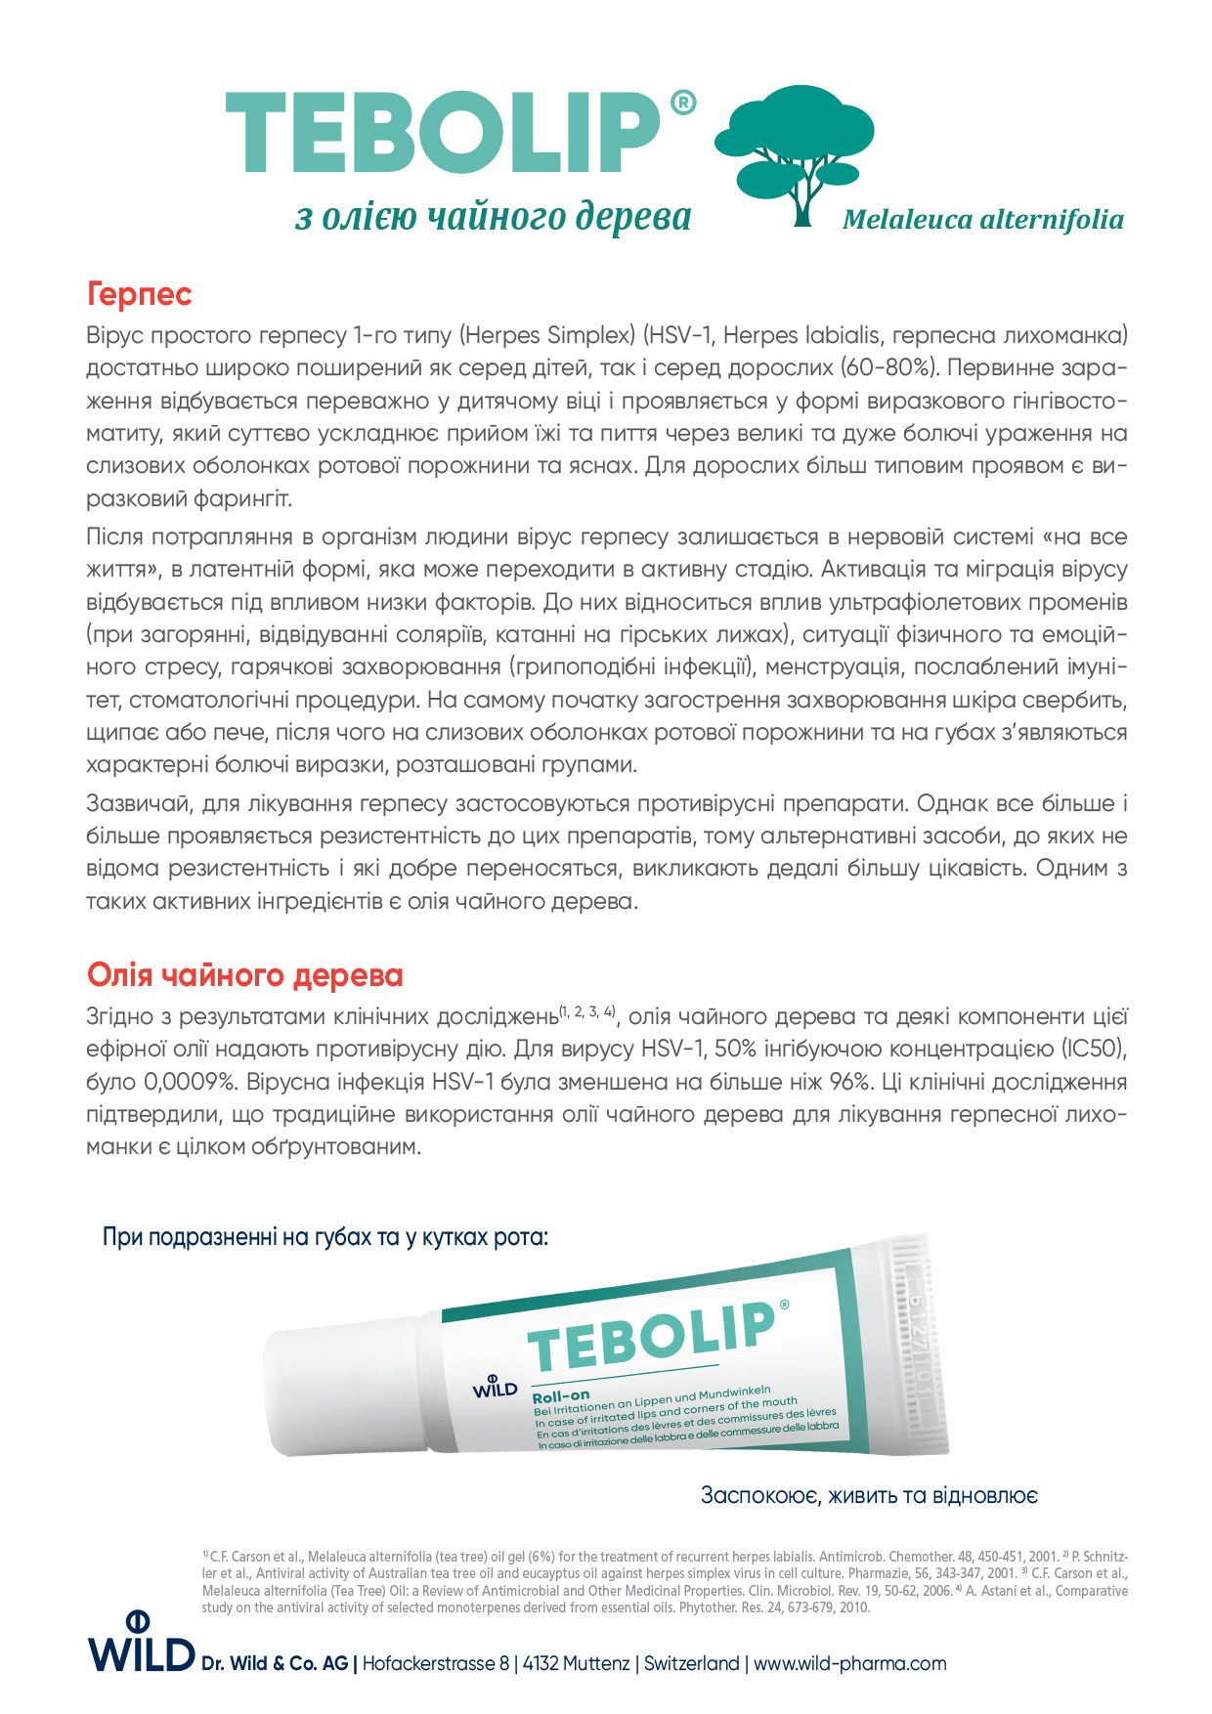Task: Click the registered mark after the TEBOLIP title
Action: pyautogui.click(x=683, y=103)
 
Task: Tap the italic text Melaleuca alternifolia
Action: pyautogui.click(x=982, y=220)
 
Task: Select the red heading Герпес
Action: pyautogui.click(x=139, y=294)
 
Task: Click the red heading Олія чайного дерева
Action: pyautogui.click(x=244, y=975)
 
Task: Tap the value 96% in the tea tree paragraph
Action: pyautogui.click(x=848, y=1083)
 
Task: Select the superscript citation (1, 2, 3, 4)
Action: pyautogui.click(x=586, y=1011)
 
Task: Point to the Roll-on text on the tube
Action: pyautogui.click(x=560, y=1396)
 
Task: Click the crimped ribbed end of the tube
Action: pyautogui.click(x=919, y=1343)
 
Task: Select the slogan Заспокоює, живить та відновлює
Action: pyautogui.click(x=868, y=1496)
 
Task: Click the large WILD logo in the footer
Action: pyautogui.click(x=141, y=1645)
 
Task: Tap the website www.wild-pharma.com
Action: pyautogui.click(x=849, y=1663)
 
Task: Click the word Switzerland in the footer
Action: pyautogui.click(x=691, y=1663)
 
